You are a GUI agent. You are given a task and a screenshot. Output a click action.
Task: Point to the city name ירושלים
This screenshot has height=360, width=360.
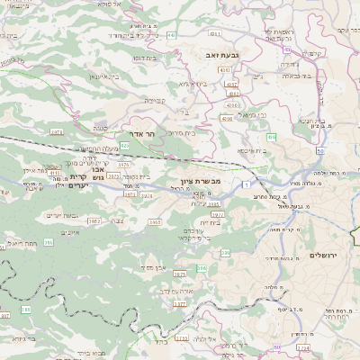pyautogui.click(x=321, y=256)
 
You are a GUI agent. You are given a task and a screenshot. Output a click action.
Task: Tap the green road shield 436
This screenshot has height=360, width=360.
pyautogui.click(x=272, y=138)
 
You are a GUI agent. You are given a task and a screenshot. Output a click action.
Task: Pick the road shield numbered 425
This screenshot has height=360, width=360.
pyautogui.click(x=124, y=145)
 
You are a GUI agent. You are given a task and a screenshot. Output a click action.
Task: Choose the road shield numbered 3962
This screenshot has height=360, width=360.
pyautogui.click(x=94, y=220)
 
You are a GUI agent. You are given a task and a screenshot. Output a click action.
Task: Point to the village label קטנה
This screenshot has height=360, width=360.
pyautogui.click(x=103, y=126)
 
